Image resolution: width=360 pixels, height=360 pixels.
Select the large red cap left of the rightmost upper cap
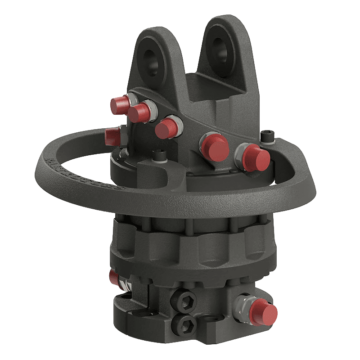coord(214,147)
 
